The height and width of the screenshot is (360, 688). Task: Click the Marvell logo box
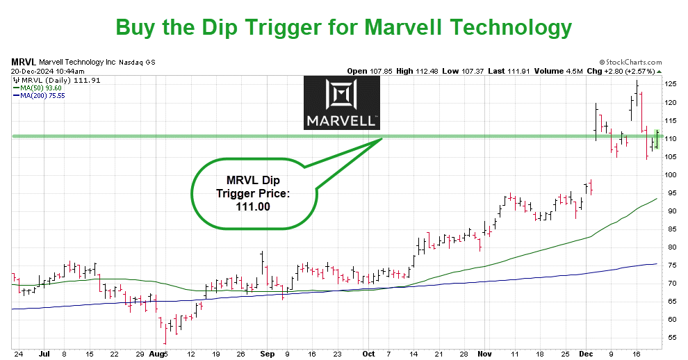tap(341, 103)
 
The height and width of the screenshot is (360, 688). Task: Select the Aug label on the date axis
tap(159, 354)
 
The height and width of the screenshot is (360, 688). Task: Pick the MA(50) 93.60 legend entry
tap(41, 88)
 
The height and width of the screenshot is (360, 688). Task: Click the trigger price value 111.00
tap(252, 206)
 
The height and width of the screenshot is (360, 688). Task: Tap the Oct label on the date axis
tap(368, 354)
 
